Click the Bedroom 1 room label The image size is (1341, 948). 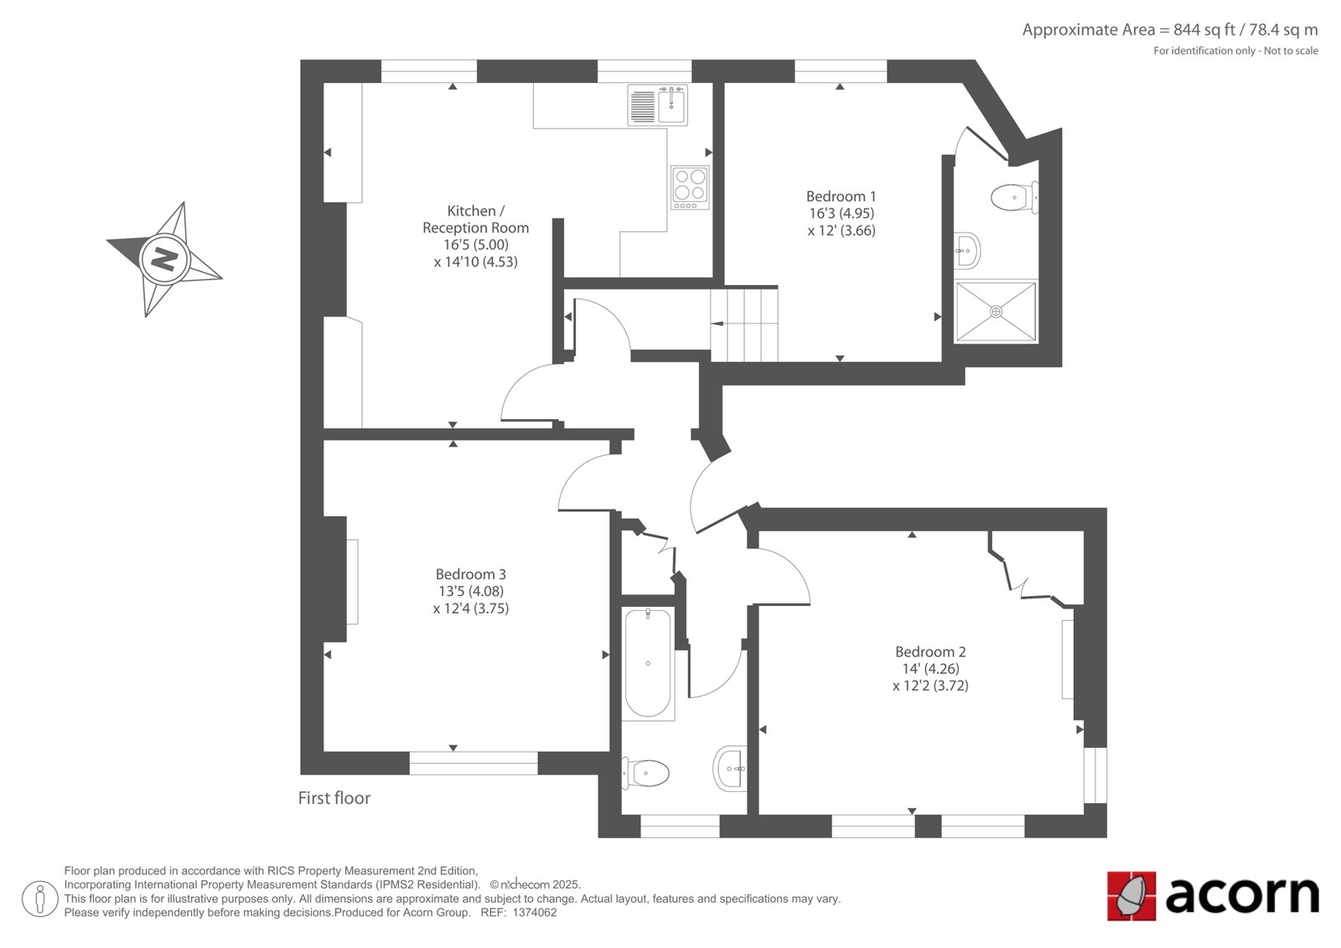tap(841, 196)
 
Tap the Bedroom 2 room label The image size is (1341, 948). tap(930, 651)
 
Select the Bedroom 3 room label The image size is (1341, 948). tap(470, 574)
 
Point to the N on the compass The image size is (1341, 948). tap(164, 259)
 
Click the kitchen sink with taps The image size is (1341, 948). tap(657, 106)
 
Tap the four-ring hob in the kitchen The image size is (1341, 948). tap(690, 188)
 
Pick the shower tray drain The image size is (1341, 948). tap(997, 312)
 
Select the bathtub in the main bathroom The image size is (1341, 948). tap(648, 664)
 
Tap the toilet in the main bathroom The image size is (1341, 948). tap(645, 773)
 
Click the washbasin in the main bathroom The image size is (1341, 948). tap(730, 769)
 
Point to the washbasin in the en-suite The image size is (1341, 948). tap(967, 251)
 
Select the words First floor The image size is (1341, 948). tap(334, 798)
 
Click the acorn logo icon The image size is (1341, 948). tap(1131, 895)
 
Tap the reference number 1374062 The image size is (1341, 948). tap(533, 913)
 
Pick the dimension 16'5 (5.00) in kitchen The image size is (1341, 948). tap(476, 245)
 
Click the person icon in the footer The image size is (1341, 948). tap(40, 899)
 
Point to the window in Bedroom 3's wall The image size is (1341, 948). tap(474, 763)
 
